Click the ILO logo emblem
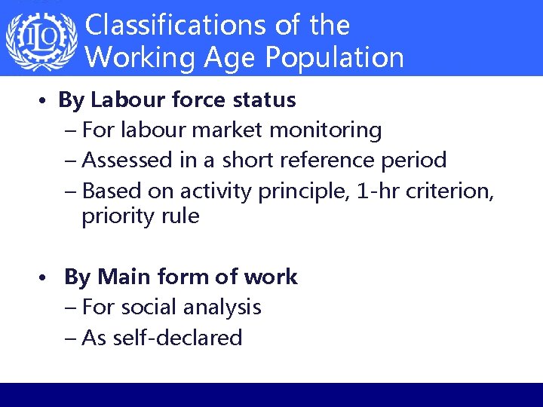(x=41, y=40)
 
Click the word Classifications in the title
(x=173, y=25)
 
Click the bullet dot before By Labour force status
(x=46, y=100)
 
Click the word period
(x=415, y=160)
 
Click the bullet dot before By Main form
(x=46, y=278)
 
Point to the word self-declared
(x=176, y=338)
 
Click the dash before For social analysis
(x=70, y=308)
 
